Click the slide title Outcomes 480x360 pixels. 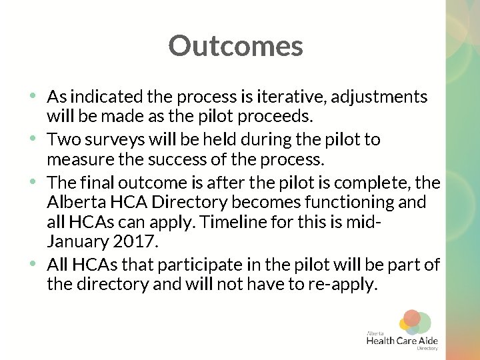[x=235, y=46]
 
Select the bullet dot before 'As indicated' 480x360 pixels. [x=33, y=95]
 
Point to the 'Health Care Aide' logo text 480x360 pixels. [x=402, y=341]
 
